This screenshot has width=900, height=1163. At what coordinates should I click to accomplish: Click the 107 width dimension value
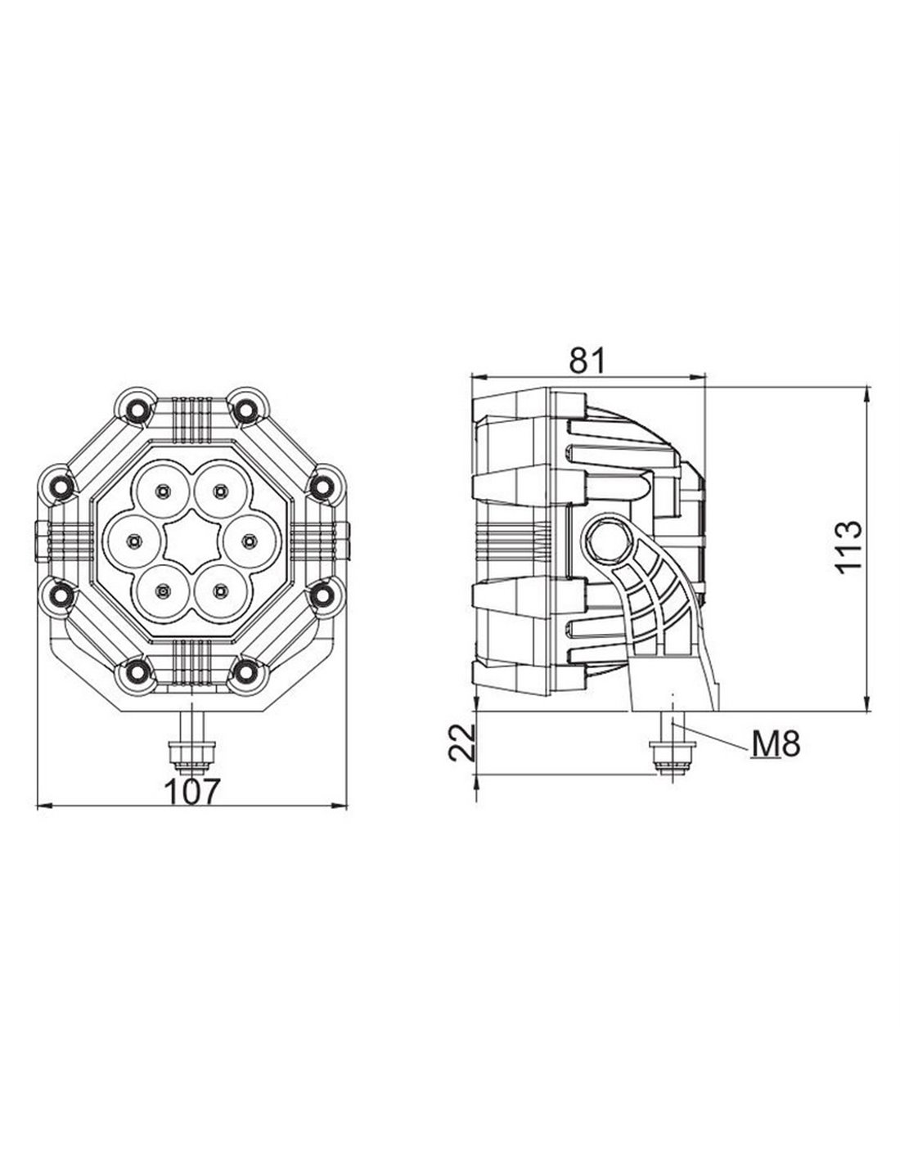click(191, 792)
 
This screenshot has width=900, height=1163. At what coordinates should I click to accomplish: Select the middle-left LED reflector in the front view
click(133, 541)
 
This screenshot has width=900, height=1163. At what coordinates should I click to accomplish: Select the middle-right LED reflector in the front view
click(248, 541)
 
